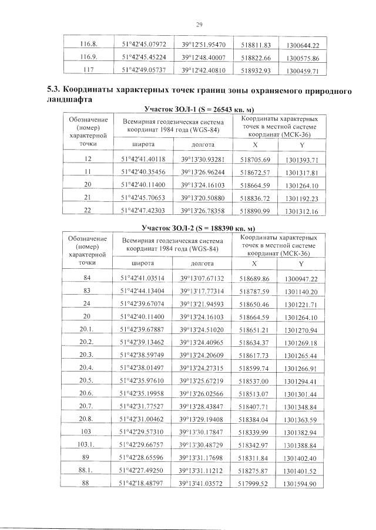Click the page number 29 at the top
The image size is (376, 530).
pyautogui.click(x=199, y=24)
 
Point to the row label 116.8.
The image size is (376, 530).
pyautogui.click(x=88, y=45)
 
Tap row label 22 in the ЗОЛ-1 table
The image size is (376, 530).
pyautogui.click(x=88, y=211)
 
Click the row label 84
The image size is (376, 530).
pyautogui.click(x=88, y=278)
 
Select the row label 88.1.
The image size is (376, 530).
pyautogui.click(x=88, y=471)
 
